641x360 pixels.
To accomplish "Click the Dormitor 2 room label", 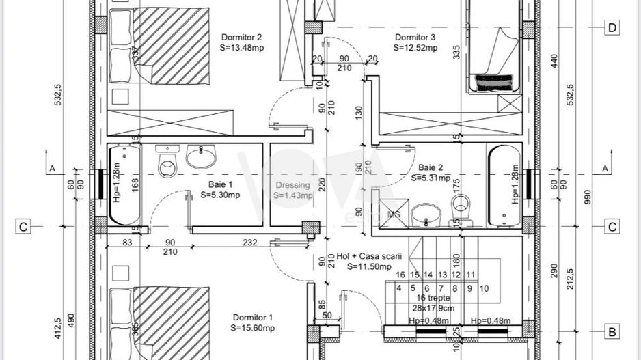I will (x=241, y=38).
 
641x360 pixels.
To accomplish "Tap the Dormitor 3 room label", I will (x=415, y=38).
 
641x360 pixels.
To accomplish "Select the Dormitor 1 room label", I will (x=253, y=318).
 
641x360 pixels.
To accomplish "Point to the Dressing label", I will (x=292, y=185).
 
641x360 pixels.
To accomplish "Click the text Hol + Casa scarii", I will (x=370, y=256).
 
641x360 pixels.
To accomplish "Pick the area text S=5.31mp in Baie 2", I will (x=431, y=178).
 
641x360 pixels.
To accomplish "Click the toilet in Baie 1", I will (x=167, y=162).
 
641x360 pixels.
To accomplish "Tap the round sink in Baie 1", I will (x=201, y=156).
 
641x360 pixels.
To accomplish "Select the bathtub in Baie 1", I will (x=122, y=184).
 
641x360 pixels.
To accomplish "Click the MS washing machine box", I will (x=394, y=214).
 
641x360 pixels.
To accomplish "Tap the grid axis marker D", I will (x=612, y=28).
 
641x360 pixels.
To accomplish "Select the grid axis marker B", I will (x=612, y=333).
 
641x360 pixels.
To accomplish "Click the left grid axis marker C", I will (x=23, y=227).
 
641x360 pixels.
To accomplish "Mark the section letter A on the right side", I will (x=604, y=168).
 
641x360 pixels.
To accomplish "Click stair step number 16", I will (x=400, y=275).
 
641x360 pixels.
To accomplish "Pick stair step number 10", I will (x=484, y=288).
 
